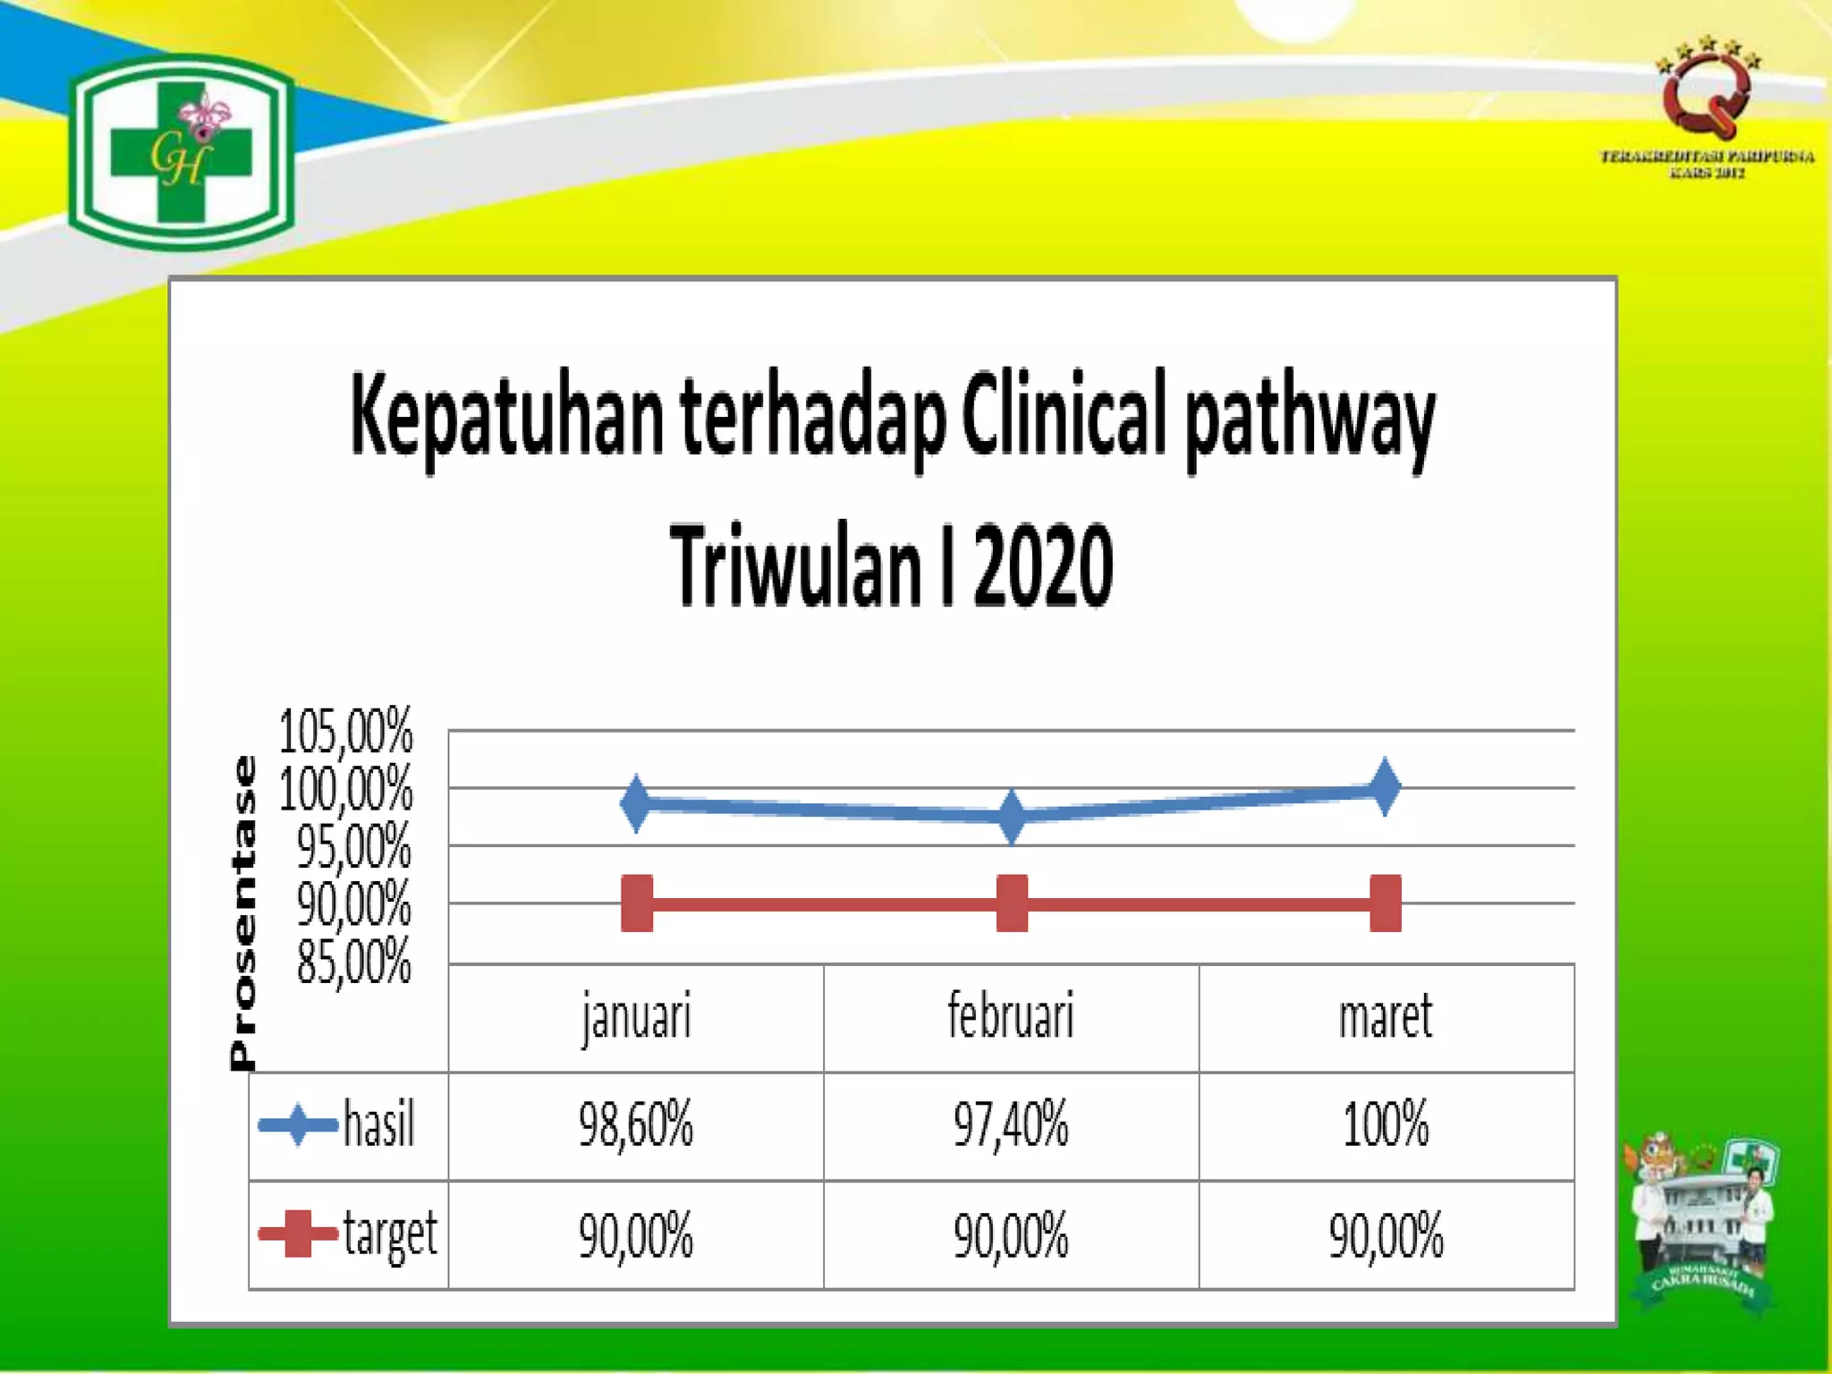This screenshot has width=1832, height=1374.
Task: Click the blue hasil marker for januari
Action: pos(635,803)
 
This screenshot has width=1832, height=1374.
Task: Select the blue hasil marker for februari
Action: pos(1012,816)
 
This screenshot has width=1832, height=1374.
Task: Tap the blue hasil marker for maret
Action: pos(1385,787)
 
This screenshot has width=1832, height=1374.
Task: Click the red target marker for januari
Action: pos(637,903)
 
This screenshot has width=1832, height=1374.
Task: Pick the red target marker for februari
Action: pos(1012,903)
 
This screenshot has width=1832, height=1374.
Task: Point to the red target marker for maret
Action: pos(1385,903)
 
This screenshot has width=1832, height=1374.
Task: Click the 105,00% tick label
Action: pos(346,732)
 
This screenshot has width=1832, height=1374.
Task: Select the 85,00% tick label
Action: pos(354,963)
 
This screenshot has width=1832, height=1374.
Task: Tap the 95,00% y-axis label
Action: pos(354,846)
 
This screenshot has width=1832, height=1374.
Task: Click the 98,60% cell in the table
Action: pos(636,1125)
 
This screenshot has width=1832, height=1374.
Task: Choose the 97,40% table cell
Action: pos(1011,1125)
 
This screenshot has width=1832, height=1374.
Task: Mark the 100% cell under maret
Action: pos(1386,1125)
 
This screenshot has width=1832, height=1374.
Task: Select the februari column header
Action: pos(1011,1017)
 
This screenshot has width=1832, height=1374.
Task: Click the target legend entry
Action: pos(349,1235)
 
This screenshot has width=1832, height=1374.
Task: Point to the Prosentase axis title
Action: pos(243,912)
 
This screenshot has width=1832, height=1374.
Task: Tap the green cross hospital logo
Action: pos(182,152)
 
